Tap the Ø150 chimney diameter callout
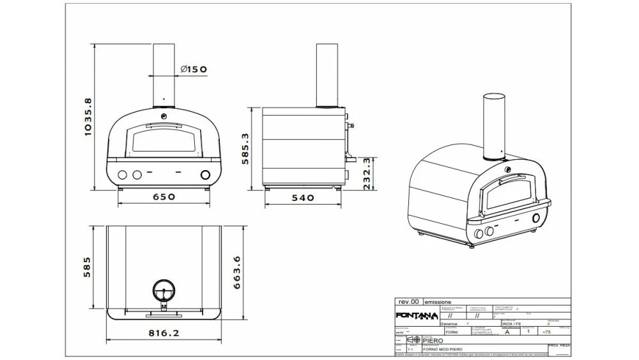pos(193,69)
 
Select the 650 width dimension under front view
pos(164,197)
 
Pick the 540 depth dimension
pos(303,198)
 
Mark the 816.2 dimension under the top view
pos(164,333)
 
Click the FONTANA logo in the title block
pos(416,316)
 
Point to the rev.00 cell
pos(408,301)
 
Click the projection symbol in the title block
pos(413,340)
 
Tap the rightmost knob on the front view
pos(206,175)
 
